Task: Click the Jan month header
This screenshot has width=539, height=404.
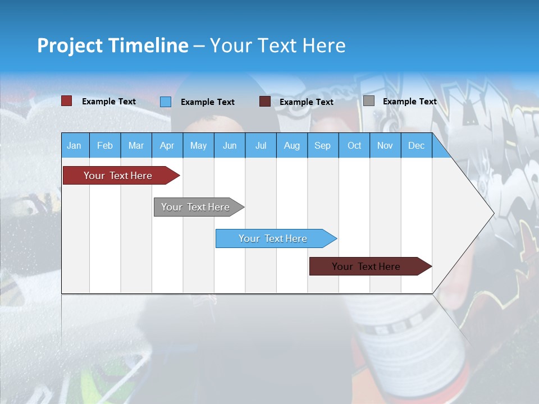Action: tap(74, 146)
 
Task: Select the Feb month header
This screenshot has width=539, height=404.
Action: tap(105, 146)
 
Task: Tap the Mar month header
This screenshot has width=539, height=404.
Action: tap(136, 146)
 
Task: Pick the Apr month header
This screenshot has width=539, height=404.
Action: tap(167, 146)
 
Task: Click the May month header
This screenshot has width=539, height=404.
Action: tap(198, 146)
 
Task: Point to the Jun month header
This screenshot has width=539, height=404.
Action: tap(230, 146)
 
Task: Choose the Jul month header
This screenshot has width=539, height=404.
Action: tap(261, 146)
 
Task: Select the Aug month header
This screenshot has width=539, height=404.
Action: tap(292, 146)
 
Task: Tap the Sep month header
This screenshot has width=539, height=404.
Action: tap(323, 146)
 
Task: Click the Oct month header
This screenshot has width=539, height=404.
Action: tap(354, 146)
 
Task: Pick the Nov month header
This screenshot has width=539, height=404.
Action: tap(385, 146)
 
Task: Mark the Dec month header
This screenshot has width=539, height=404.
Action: tap(417, 146)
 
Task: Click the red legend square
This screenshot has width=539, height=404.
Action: tap(67, 101)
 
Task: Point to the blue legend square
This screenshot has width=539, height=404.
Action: tap(166, 102)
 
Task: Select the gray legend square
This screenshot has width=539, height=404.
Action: tap(369, 101)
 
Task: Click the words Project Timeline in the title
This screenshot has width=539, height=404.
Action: tap(113, 45)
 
